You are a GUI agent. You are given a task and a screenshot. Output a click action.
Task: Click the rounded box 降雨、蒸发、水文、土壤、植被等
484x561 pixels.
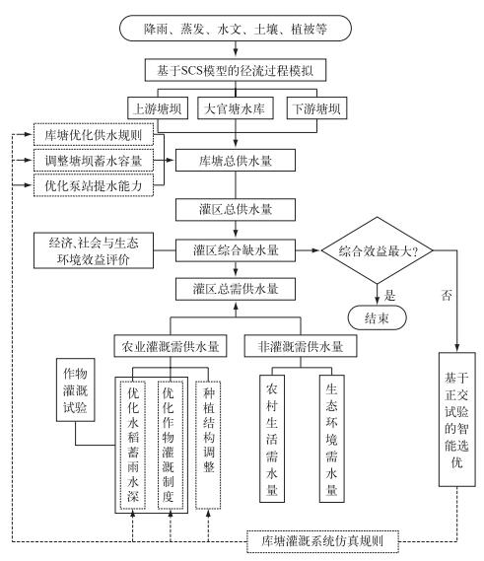pos(236,29)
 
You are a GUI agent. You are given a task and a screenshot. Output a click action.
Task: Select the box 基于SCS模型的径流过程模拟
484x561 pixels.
pos(236,70)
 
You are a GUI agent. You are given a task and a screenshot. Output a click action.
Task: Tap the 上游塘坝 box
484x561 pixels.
pos(158,108)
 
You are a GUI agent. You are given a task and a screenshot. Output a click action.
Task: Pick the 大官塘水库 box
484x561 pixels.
pos(236,108)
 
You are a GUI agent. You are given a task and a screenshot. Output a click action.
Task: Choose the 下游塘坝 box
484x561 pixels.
pos(317,108)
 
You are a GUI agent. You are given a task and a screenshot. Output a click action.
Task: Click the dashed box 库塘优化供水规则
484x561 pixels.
pos(94,134)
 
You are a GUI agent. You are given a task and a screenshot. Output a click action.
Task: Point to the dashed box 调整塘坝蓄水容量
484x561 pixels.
pos(94,160)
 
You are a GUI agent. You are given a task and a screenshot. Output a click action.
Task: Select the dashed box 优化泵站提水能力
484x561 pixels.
pos(94,185)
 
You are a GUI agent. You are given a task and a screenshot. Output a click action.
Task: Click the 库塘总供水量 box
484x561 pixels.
pos(236,161)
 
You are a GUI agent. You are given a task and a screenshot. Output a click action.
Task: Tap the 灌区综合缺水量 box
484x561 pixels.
pos(236,250)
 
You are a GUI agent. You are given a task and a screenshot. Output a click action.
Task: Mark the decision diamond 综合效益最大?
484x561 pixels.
pos(377,250)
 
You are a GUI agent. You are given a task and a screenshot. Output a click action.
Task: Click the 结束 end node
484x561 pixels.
pos(377,317)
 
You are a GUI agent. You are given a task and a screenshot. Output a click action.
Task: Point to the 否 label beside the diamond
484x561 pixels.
pos(447,296)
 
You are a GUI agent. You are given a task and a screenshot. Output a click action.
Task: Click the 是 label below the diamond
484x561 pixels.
pos(389,296)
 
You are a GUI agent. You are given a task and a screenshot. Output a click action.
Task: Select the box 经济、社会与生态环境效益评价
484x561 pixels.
pos(94,250)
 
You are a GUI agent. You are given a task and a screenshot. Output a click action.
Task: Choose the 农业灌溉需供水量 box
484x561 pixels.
pos(171,346)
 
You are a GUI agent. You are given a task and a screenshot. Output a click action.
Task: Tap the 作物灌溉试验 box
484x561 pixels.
pos(76,390)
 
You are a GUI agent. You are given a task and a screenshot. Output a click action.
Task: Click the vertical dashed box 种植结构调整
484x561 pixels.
pos(208,445)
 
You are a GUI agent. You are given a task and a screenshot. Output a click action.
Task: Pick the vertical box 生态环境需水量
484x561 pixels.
pos(332,439)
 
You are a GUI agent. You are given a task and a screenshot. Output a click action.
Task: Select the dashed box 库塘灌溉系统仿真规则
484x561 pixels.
pos(322,541)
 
